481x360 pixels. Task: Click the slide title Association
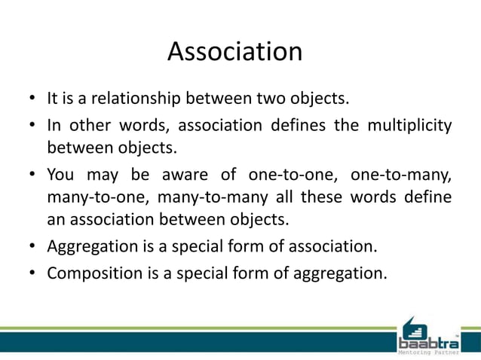click(234, 52)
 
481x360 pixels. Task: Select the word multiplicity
click(409, 124)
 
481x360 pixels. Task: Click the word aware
click(189, 175)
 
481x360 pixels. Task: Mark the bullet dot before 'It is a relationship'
click(32, 99)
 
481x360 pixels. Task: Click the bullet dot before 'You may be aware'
click(32, 175)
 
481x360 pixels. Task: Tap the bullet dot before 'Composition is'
click(32, 272)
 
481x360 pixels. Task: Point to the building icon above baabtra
click(416, 325)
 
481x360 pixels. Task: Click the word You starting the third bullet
click(60, 175)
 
